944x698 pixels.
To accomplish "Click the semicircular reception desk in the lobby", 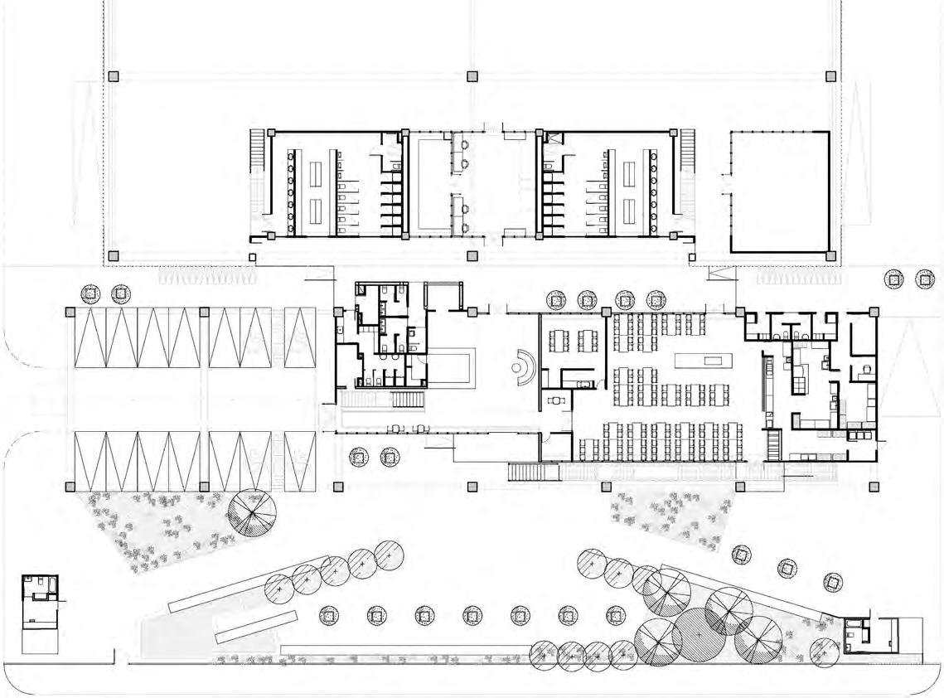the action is (x=525, y=367).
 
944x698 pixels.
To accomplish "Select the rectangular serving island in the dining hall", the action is (x=703, y=361).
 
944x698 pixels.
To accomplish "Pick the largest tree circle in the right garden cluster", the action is (x=699, y=635).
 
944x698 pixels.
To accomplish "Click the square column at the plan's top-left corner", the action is (x=114, y=76).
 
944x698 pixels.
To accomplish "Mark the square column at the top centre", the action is (x=472, y=76).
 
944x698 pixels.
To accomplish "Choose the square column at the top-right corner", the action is (x=831, y=76).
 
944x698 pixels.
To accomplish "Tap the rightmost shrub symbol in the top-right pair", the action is (x=925, y=279).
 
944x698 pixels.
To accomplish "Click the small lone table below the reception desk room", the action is (x=554, y=400).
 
